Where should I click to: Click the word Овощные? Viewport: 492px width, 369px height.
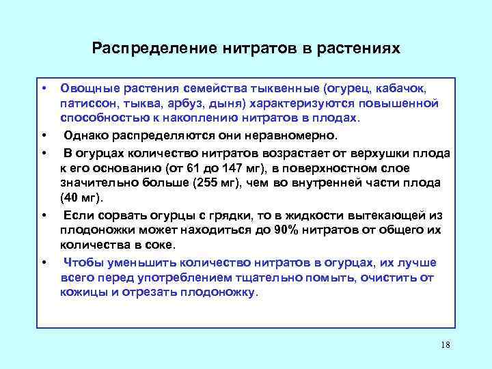pyautogui.click(x=87, y=89)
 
